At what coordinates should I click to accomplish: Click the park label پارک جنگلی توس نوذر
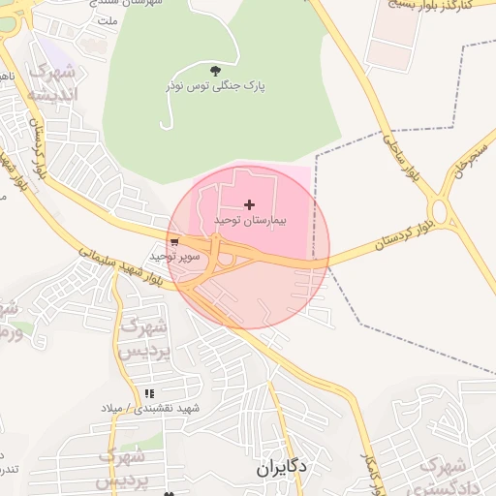coord(222,85)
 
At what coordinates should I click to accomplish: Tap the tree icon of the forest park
coord(215,70)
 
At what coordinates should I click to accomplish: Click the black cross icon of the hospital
coord(250,204)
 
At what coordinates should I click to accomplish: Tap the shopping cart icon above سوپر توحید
coord(174,242)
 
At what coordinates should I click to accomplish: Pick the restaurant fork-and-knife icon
coord(149,393)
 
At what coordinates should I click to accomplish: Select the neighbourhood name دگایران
coord(282,467)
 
